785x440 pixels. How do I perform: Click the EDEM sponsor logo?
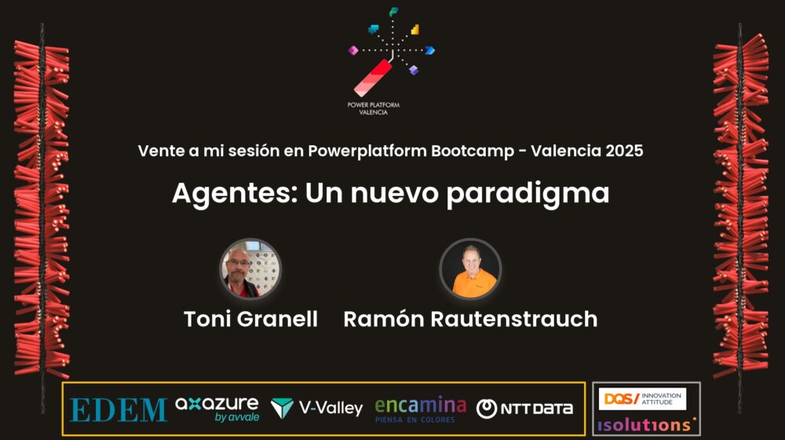(x=119, y=410)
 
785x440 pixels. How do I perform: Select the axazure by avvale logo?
(x=217, y=409)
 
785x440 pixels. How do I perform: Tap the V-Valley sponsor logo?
(x=316, y=408)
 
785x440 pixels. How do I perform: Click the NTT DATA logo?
(x=524, y=409)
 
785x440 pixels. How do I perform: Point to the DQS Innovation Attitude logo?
(x=642, y=398)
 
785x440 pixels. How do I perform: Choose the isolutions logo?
(x=646, y=425)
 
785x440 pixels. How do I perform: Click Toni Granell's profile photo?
(x=250, y=268)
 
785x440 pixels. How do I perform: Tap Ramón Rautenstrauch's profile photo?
(x=470, y=268)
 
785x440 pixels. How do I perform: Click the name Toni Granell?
(x=251, y=319)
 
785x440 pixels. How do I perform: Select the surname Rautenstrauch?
(x=514, y=319)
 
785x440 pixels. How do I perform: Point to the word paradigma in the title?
(x=528, y=194)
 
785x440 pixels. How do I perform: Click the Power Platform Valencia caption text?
(x=374, y=108)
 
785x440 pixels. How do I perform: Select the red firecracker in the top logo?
(x=373, y=78)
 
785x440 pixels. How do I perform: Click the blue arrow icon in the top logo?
(x=429, y=50)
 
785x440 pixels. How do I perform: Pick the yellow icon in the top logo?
(x=415, y=30)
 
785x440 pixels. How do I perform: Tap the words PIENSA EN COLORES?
(x=415, y=420)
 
